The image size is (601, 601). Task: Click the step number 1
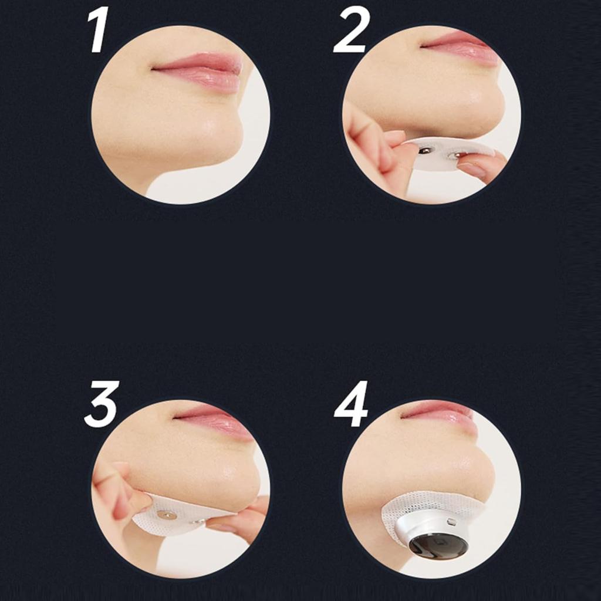[99, 31]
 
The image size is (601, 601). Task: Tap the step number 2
[352, 31]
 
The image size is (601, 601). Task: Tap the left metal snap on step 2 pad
[424, 151]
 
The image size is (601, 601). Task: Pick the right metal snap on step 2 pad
[454, 156]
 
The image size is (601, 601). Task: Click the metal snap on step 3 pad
[167, 515]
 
